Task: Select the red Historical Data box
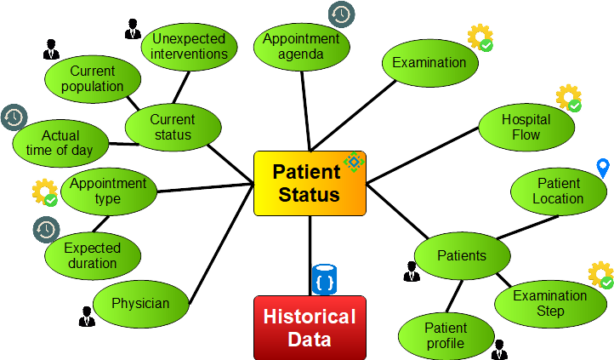tap(310, 328)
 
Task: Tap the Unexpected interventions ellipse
tap(189, 46)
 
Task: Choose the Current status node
tap(173, 128)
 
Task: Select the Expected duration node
tap(92, 256)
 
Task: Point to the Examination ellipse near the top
tap(429, 62)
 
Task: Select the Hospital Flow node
tap(526, 128)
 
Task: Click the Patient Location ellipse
tap(558, 191)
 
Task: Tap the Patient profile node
tap(446, 335)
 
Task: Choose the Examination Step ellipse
tap(550, 304)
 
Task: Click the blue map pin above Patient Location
tap(603, 169)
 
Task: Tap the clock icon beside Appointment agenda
tap(342, 14)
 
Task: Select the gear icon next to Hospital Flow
tap(568, 98)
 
